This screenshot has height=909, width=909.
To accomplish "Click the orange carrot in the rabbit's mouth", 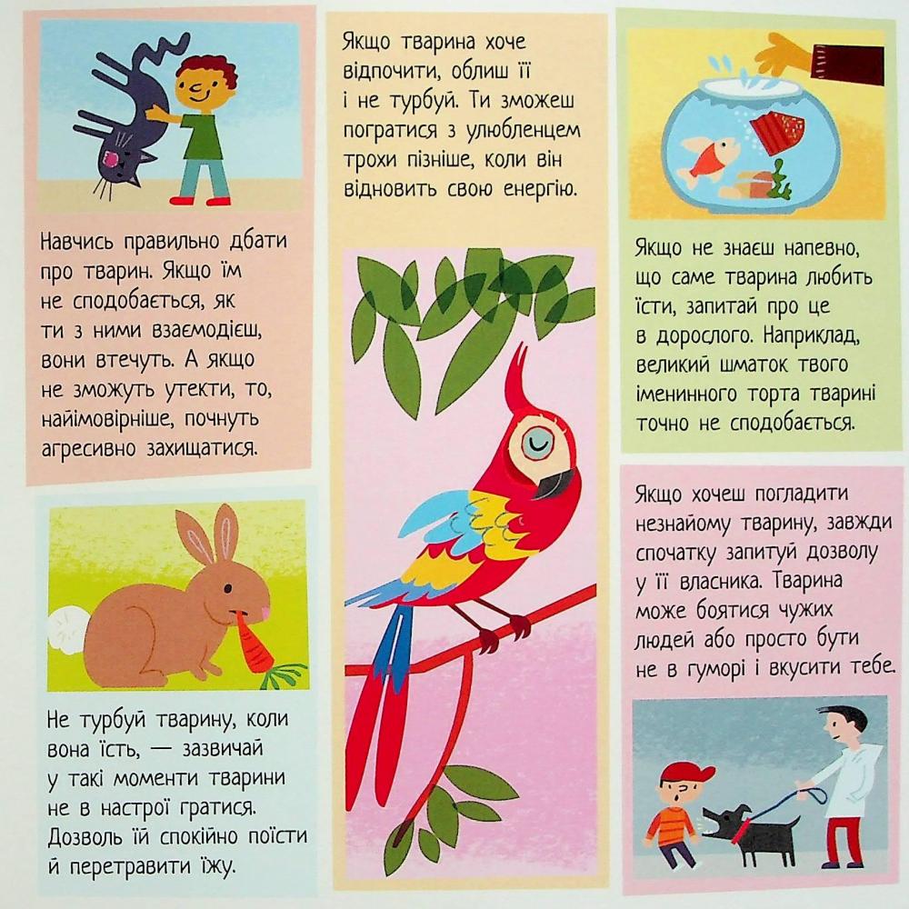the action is pos(255,646).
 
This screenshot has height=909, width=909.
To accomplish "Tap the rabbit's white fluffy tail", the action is pos(67,630).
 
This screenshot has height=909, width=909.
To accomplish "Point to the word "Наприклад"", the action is pos(812,336).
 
